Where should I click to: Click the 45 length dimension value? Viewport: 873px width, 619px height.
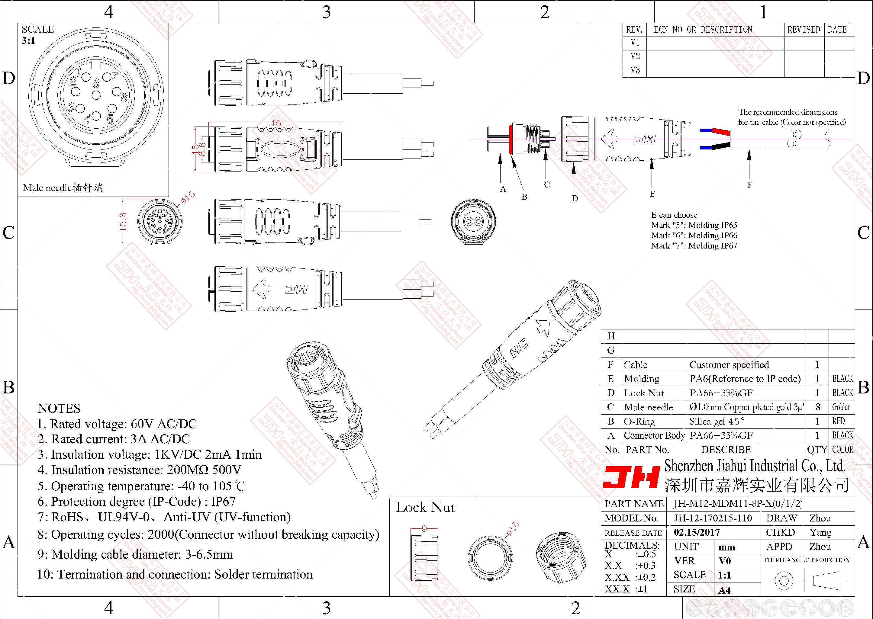click(275, 123)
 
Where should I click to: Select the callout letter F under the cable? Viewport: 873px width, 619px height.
click(749, 185)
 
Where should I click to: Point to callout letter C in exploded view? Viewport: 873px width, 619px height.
click(547, 185)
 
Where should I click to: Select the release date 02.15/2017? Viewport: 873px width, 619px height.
click(697, 532)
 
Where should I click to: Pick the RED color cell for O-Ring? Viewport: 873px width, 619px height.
click(838, 421)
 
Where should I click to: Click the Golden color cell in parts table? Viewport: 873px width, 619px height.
click(841, 407)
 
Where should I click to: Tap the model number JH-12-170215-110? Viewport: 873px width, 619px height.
click(713, 518)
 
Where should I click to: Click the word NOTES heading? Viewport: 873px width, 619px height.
click(59, 409)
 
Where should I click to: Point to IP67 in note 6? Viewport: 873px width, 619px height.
click(224, 502)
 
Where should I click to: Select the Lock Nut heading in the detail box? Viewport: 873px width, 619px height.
click(425, 507)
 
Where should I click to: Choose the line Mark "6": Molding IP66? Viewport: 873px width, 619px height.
click(694, 236)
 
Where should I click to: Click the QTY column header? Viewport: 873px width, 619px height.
click(817, 450)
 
